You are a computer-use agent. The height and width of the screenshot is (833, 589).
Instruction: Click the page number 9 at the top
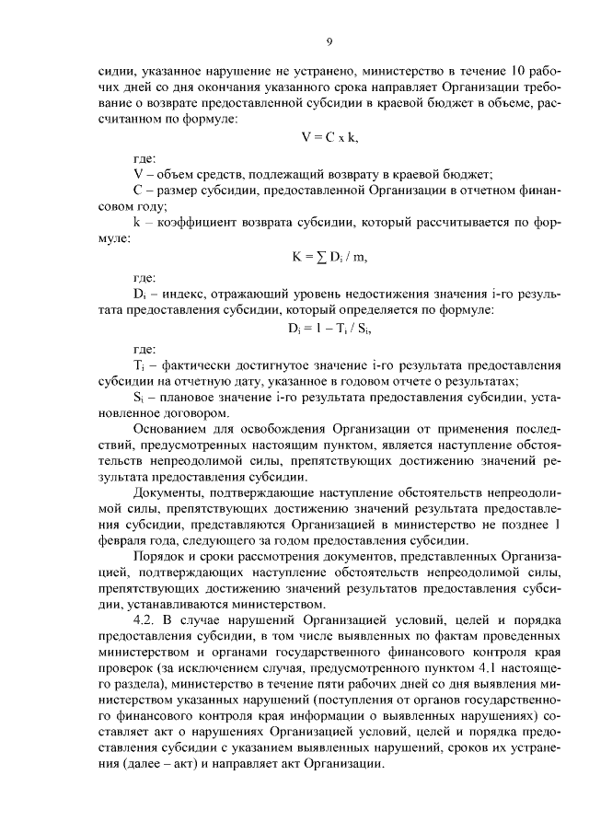click(x=329, y=41)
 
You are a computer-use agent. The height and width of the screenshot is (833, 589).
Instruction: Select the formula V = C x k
click(x=329, y=137)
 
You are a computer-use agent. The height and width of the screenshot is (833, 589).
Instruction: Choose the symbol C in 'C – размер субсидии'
click(x=138, y=191)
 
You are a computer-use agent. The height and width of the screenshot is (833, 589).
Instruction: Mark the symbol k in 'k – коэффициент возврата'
click(x=137, y=224)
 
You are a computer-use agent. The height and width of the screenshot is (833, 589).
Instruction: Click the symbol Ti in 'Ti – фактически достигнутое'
click(x=140, y=365)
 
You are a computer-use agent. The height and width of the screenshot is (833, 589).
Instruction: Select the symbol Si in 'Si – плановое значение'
click(x=140, y=397)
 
